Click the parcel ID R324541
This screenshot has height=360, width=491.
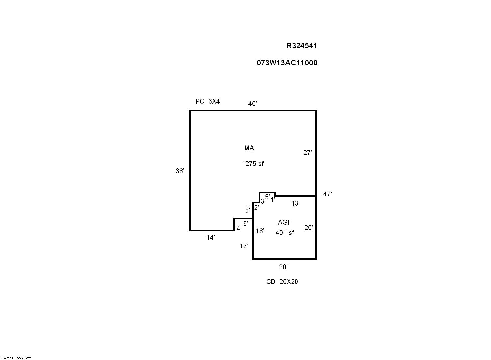click(301, 46)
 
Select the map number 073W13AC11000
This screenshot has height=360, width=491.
click(287, 63)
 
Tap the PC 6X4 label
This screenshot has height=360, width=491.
click(207, 101)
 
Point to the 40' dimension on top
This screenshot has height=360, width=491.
click(252, 104)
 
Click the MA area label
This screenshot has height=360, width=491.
click(249, 148)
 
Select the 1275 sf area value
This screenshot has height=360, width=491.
click(252, 163)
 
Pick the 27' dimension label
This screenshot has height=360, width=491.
click(307, 153)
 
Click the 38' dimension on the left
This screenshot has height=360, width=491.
click(180, 171)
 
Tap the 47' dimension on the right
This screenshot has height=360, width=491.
click(327, 194)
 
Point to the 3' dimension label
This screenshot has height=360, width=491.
click(262, 201)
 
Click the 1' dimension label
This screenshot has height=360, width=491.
click(273, 200)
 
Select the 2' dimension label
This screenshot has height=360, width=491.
click(256, 208)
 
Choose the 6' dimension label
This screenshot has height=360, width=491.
click(245, 224)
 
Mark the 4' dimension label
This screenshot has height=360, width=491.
click(239, 228)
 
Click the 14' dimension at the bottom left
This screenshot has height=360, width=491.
click(211, 237)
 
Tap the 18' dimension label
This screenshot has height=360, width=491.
click(260, 231)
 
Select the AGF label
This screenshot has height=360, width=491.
click(285, 222)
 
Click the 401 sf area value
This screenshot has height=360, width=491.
click(285, 233)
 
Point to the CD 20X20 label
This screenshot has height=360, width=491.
click(282, 282)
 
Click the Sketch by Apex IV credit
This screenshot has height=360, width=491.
click(16, 358)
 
